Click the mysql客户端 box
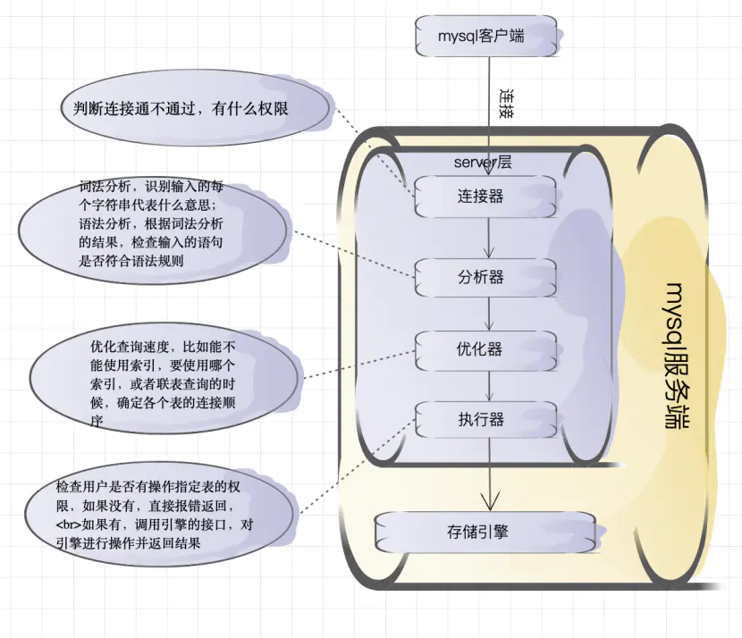[x=487, y=37]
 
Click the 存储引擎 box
[x=484, y=532]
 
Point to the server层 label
[x=483, y=163]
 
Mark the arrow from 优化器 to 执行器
[x=488, y=384]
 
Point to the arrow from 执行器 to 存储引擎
[x=488, y=474]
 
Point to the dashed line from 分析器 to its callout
[x=353, y=255]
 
